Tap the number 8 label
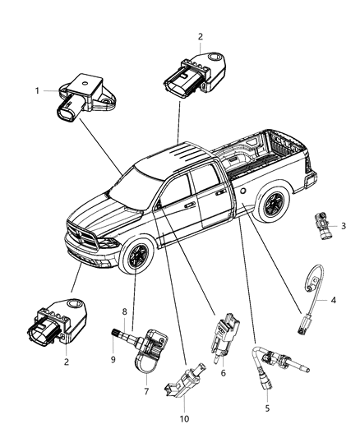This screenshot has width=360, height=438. [x=125, y=311]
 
